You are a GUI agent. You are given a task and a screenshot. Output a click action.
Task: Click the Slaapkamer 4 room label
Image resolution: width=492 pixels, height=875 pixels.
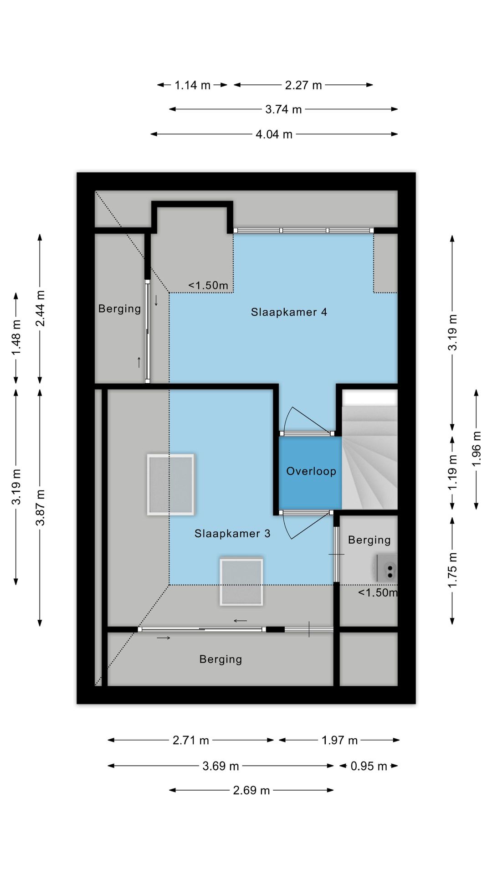point(289,312)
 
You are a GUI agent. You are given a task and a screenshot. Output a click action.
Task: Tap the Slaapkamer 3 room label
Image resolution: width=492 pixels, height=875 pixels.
point(232,534)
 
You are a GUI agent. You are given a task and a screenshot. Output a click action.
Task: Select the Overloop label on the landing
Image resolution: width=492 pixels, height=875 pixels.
point(311,471)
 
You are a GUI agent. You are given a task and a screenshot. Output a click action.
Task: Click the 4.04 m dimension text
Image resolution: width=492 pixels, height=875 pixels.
point(274,134)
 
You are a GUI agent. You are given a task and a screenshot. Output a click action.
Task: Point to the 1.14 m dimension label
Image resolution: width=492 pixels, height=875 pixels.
point(192,85)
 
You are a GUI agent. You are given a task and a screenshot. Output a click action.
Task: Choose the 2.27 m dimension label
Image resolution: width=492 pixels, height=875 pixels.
point(303,85)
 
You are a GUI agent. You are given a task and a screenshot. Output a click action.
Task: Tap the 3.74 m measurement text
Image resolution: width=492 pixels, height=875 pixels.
point(283,109)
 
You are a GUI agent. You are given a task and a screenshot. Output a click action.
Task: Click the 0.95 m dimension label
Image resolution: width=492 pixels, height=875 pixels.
point(369,766)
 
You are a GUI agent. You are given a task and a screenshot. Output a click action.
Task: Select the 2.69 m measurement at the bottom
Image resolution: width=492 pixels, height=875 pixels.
point(251,790)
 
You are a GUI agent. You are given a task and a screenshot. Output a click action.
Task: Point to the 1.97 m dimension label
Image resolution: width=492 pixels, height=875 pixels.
point(339,740)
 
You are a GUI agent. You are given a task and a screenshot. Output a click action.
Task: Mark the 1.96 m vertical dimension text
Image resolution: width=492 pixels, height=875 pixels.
point(477,449)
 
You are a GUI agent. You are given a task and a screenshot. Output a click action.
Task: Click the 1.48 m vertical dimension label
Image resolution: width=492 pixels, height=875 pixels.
point(16,337)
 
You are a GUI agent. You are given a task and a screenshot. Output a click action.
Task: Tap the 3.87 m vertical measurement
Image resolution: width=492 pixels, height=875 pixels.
point(41,507)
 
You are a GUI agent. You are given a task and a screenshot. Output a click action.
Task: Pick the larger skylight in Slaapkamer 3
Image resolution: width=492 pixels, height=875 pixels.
point(171,484)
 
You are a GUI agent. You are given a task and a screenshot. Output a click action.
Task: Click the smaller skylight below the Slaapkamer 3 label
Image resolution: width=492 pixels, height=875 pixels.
point(241,582)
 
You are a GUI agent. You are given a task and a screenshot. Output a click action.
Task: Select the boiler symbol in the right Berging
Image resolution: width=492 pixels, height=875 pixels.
point(386,568)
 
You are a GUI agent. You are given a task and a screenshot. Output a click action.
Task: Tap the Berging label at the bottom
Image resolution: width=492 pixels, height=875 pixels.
point(220,659)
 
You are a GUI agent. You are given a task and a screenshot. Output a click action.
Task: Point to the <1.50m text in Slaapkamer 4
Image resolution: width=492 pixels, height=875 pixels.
point(208,286)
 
